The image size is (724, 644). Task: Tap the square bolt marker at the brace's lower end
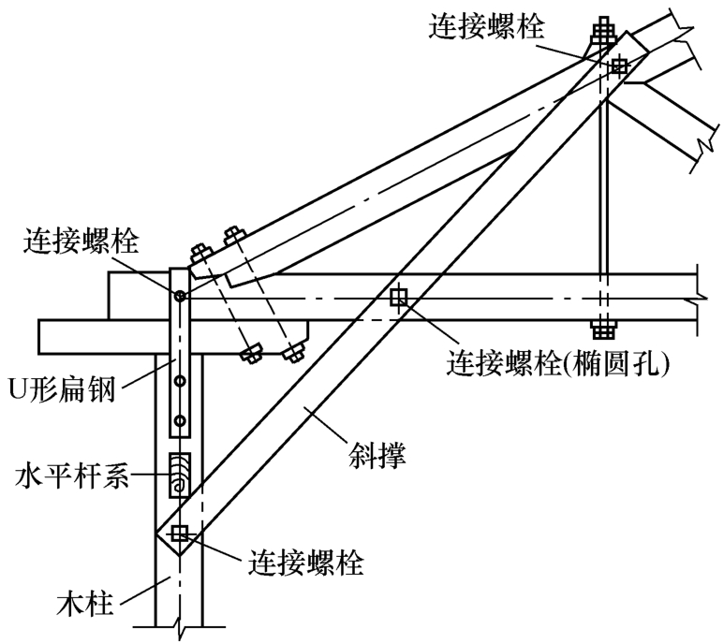point(179,534)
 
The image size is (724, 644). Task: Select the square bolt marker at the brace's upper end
point(618,66)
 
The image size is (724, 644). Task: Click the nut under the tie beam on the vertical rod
point(602,329)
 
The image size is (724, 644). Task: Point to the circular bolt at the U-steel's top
point(179,296)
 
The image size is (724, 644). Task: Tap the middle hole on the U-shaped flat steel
point(179,382)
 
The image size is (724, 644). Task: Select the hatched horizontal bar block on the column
point(179,476)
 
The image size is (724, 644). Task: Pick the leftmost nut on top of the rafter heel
point(199,254)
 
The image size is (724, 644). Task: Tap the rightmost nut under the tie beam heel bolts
point(294,352)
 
